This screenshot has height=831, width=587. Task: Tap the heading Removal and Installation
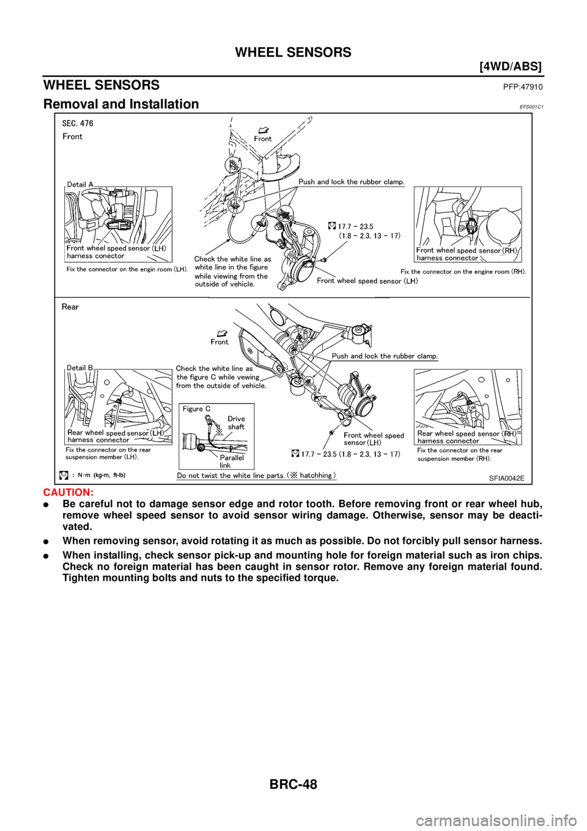click(121, 104)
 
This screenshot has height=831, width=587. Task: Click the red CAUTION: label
click(68, 492)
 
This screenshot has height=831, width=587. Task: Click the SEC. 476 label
click(78, 124)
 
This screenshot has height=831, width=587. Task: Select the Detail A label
click(81, 184)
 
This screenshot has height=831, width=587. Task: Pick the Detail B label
click(80, 368)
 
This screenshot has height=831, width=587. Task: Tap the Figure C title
click(197, 409)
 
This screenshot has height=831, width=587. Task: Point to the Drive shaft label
click(236, 423)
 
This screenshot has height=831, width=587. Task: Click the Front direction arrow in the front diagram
click(264, 130)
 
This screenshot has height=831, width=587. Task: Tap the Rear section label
click(70, 307)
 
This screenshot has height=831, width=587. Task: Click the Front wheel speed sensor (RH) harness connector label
click(467, 254)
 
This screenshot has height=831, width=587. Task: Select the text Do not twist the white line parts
click(231, 475)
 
